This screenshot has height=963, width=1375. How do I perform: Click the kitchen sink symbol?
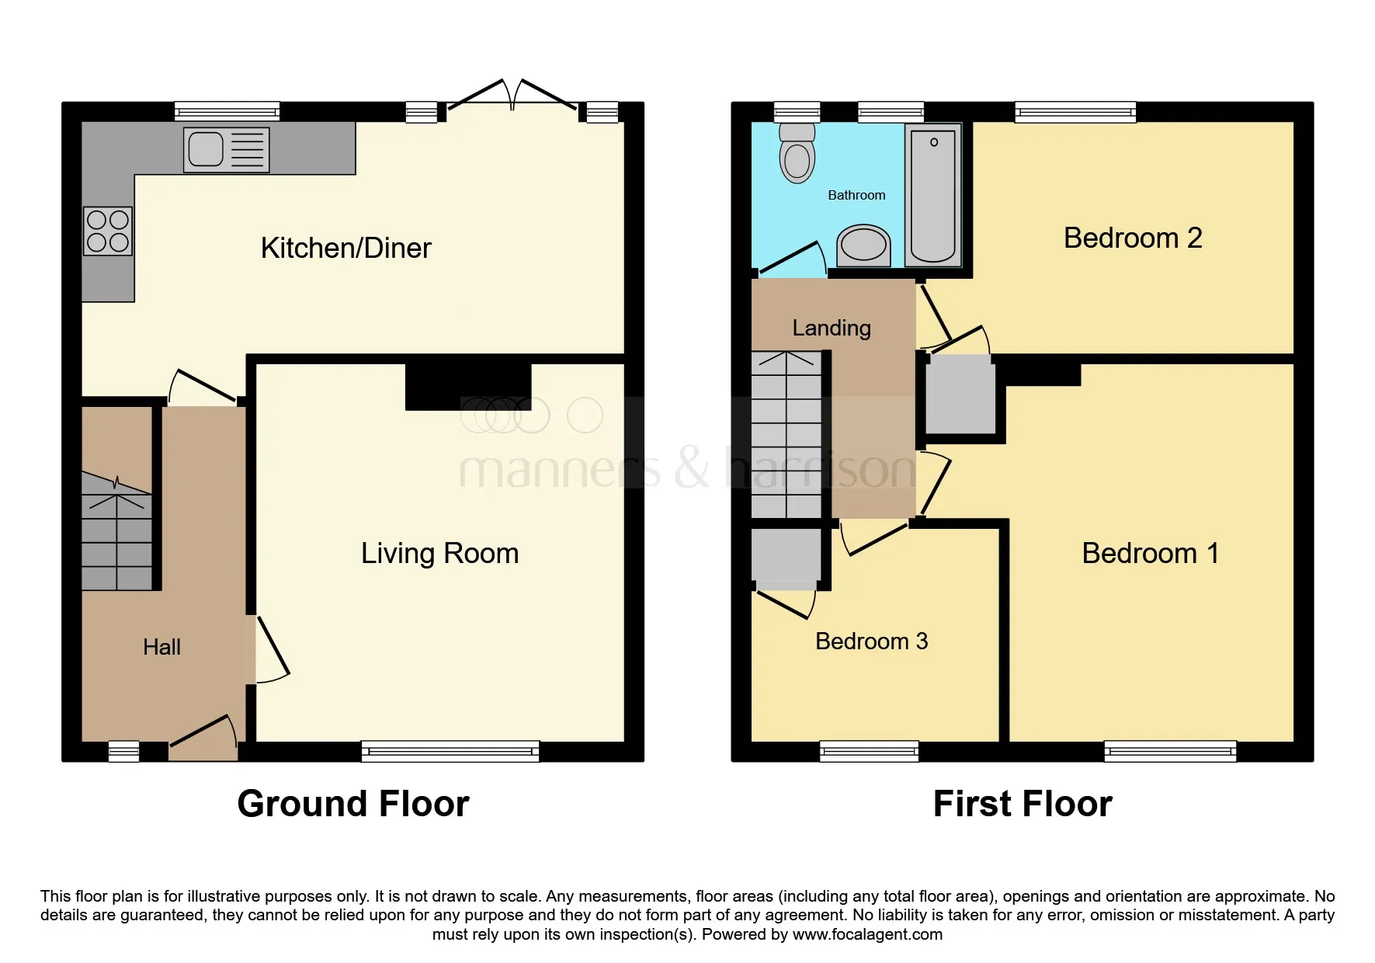[226, 150]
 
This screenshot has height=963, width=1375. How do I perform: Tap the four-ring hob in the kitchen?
[108, 231]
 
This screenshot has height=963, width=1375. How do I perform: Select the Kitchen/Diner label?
[345, 249]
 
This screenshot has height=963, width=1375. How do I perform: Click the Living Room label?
[439, 554]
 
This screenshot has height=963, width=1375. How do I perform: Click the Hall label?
[161, 647]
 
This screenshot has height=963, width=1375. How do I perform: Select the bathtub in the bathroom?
[932, 196]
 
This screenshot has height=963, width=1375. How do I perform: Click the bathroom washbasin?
[863, 245]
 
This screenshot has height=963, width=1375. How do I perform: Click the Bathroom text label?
[856, 195]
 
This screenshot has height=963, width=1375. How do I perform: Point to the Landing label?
[832, 328]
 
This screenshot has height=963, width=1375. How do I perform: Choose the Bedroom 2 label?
[1133, 238]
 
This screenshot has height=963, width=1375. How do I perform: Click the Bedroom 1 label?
[1150, 554]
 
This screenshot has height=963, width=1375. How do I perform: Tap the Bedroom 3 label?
[871, 641]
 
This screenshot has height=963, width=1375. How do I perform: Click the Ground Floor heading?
[353, 804]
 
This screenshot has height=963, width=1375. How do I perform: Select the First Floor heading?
[1023, 804]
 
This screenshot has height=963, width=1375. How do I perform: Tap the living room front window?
[450, 751]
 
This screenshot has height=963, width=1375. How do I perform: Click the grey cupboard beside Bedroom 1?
[960, 396]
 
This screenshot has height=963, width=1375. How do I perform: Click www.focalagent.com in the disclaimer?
[867, 934]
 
